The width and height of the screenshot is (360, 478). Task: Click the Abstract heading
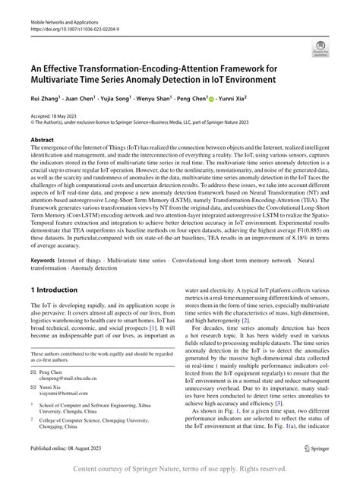pos(43,141)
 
